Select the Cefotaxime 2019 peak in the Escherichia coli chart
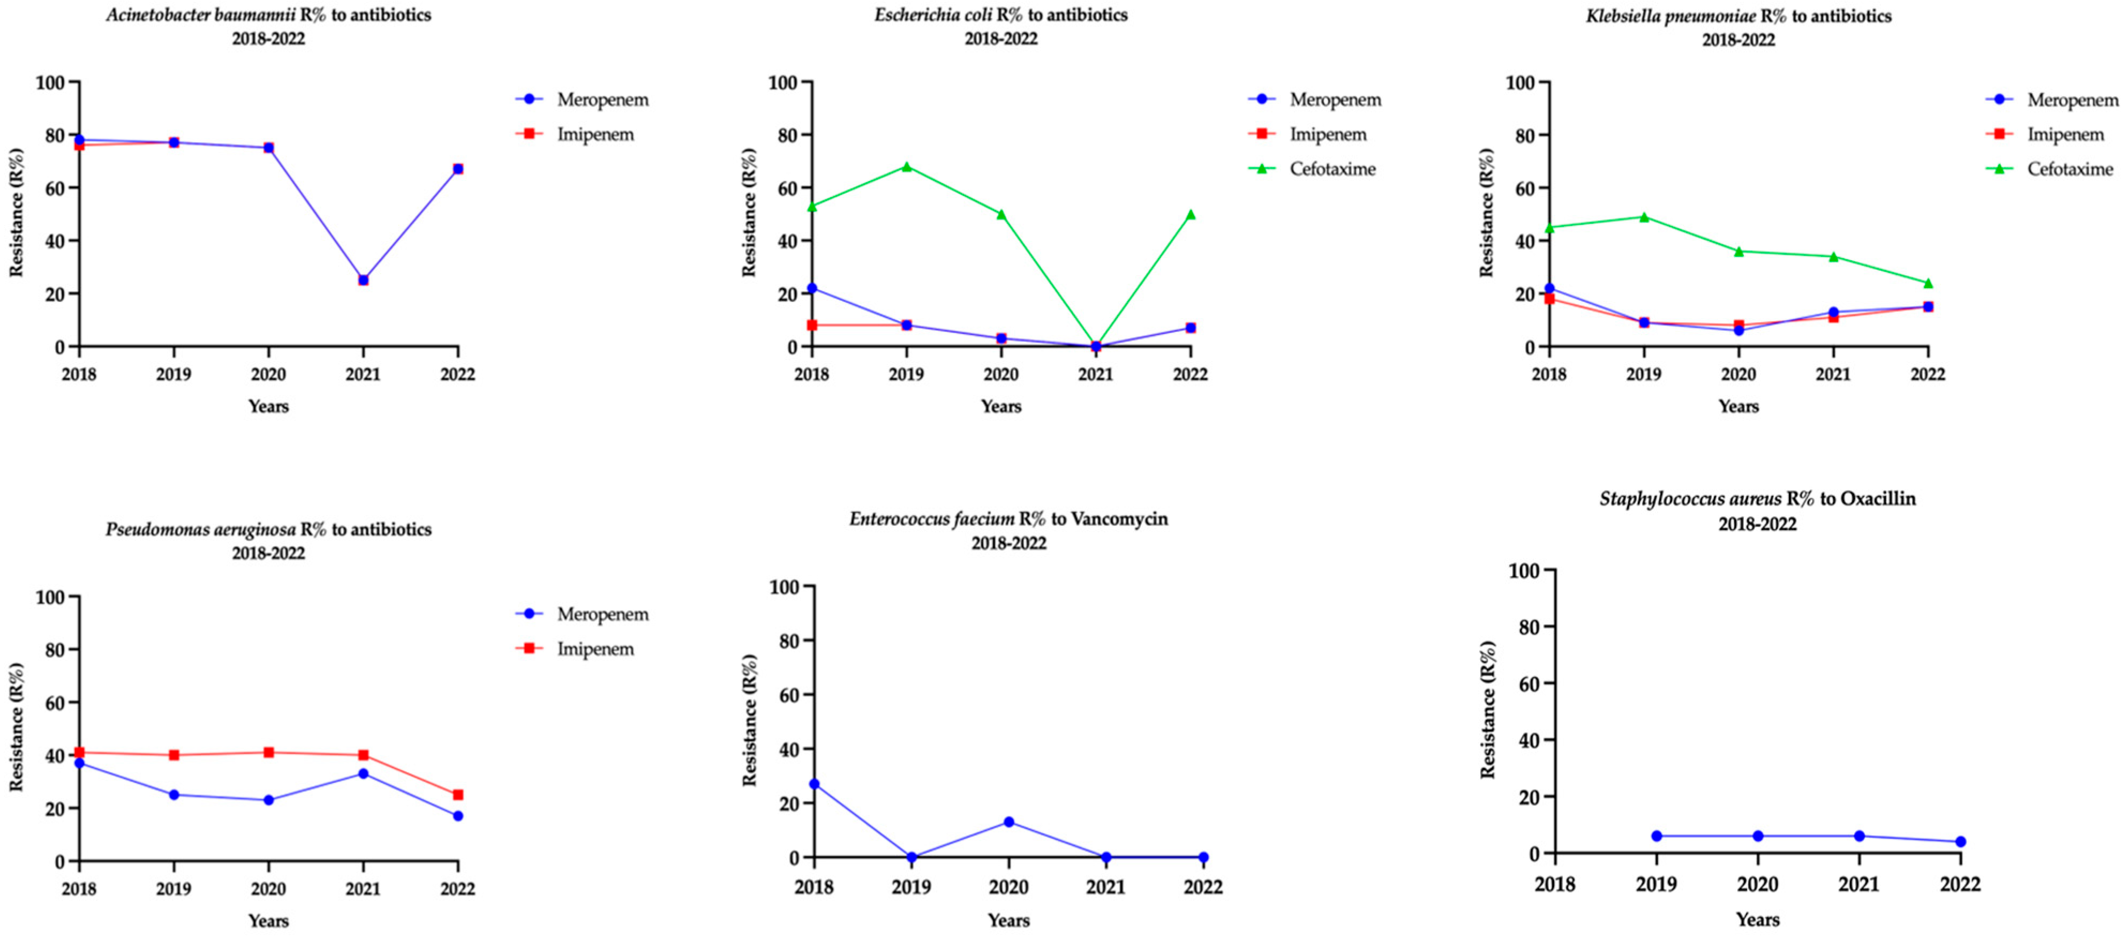[907, 167]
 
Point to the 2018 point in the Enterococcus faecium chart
[814, 784]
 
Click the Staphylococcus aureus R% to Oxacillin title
[1757, 498]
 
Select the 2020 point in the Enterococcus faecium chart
[1009, 822]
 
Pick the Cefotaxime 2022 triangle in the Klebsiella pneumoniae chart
[1928, 283]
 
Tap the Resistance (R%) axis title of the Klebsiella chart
[1486, 213]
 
